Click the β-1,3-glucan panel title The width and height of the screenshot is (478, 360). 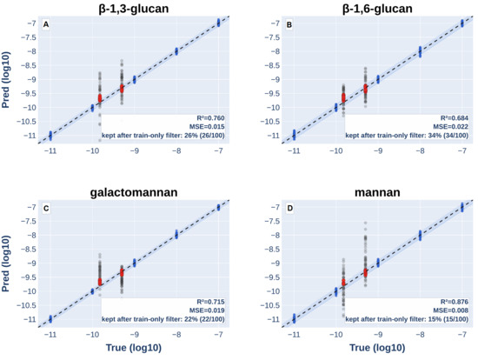[x=134, y=8]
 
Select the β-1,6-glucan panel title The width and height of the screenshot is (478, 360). [x=377, y=8]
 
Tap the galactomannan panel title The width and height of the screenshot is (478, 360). [x=134, y=192]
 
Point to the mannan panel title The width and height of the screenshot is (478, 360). [x=377, y=192]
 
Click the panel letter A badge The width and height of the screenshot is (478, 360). [x=46, y=24]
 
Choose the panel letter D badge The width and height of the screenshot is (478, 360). [x=290, y=209]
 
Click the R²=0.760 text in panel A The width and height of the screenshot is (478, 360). [x=210, y=118]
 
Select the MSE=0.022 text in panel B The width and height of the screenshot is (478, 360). [x=450, y=127]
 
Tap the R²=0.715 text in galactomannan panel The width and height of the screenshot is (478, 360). [x=210, y=302]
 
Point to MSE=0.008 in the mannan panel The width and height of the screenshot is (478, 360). [x=450, y=310]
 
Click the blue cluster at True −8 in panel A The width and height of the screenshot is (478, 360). [x=176, y=51]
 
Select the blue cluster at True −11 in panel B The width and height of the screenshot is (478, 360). [x=294, y=135]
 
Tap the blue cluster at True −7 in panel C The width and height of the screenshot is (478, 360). [x=218, y=208]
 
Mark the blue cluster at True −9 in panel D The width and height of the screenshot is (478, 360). [x=378, y=263]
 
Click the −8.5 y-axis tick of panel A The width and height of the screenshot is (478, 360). [x=28, y=65]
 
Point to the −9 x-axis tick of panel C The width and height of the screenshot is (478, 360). [x=135, y=335]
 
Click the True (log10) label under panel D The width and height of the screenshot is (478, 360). [x=377, y=348]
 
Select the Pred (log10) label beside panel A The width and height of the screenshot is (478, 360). [x=6, y=80]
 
